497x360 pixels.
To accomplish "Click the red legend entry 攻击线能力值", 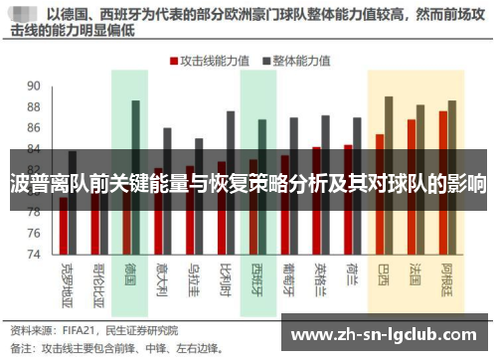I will point(212,60).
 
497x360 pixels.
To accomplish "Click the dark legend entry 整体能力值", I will point(296,60).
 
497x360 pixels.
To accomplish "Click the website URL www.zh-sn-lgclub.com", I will point(385,332).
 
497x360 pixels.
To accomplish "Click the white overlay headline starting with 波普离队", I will point(248,184).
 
